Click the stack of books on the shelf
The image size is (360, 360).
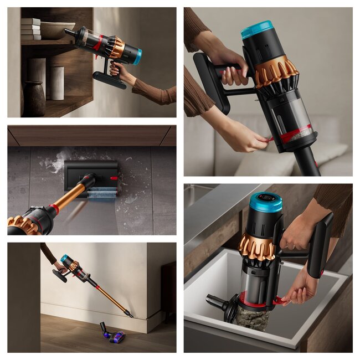[31, 29]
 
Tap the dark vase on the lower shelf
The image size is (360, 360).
[34, 99]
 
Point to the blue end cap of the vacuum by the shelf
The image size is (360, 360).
[137, 56]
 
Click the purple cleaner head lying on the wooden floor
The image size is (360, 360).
[113, 333]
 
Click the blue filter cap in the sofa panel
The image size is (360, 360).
[257, 29]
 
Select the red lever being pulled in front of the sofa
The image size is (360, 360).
[268, 139]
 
